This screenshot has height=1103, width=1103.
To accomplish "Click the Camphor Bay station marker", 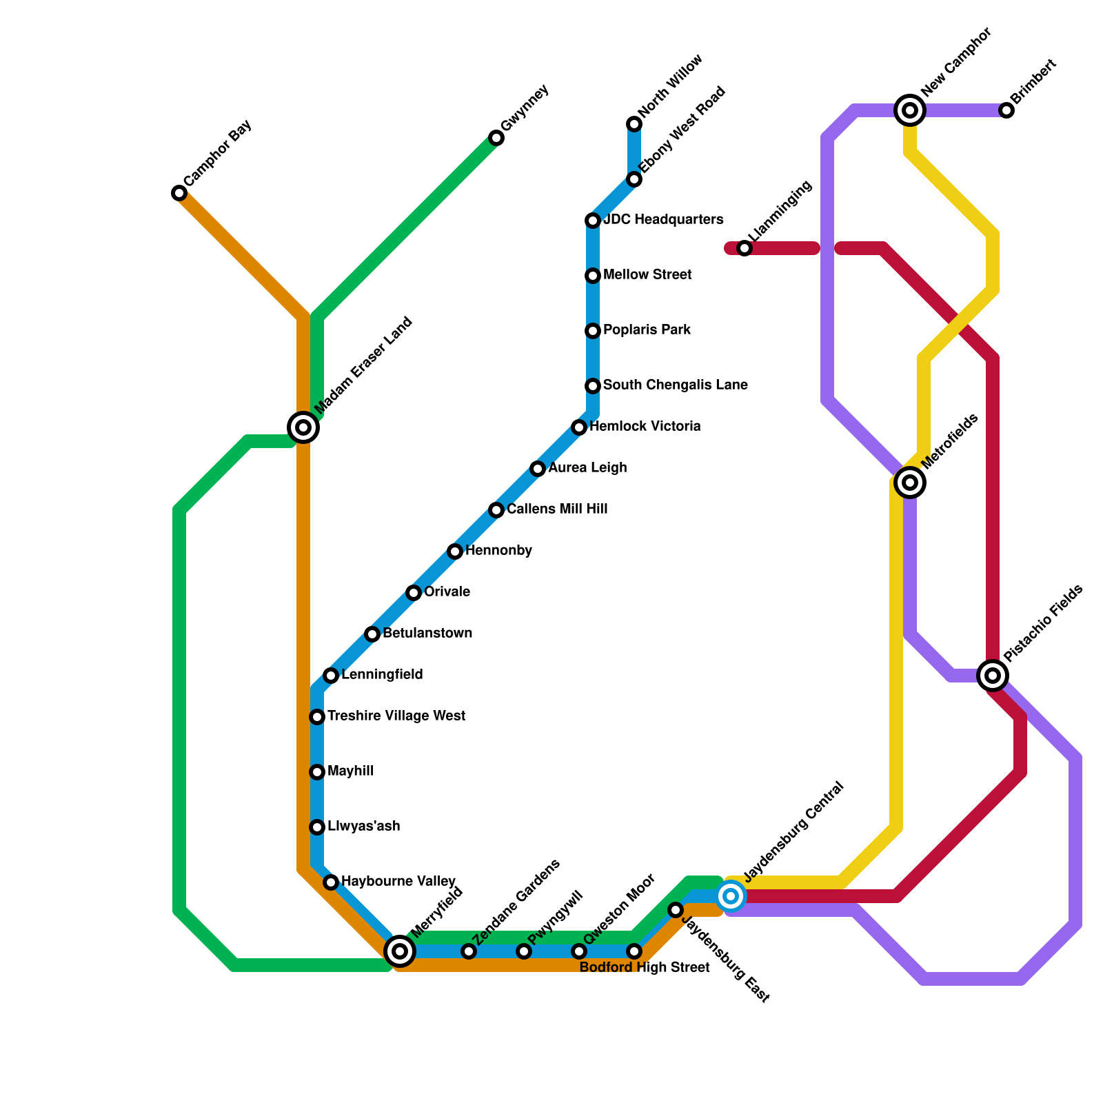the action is (179, 193).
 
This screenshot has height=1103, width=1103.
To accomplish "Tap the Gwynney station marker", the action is (496, 138).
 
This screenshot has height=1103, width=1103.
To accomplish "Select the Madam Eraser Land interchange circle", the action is (303, 427).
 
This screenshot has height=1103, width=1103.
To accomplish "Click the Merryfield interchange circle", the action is (400, 951).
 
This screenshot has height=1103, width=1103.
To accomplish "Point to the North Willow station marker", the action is (634, 124).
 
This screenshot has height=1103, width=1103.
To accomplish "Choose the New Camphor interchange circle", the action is (910, 110).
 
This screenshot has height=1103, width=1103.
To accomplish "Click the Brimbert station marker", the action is (1006, 110).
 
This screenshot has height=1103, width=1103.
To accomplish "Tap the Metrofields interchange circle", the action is (910, 483).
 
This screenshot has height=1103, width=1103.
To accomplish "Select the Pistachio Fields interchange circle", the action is (993, 676).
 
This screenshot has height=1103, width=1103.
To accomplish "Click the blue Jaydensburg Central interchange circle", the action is (731, 896).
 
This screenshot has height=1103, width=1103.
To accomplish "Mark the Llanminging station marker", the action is (745, 248).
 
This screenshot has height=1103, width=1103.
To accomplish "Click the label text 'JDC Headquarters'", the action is (663, 220).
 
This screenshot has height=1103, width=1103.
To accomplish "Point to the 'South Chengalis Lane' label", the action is (675, 385).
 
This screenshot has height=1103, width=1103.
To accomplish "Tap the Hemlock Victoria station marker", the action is (579, 427).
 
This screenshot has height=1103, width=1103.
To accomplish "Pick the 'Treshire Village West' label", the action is (396, 716).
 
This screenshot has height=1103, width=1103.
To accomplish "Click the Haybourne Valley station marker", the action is (331, 882).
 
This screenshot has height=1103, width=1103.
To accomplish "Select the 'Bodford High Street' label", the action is (645, 968).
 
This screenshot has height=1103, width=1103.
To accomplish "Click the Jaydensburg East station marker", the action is (676, 910).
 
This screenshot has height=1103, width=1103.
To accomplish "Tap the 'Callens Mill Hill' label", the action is (557, 509).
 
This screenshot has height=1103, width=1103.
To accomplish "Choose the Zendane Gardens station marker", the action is (469, 951).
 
